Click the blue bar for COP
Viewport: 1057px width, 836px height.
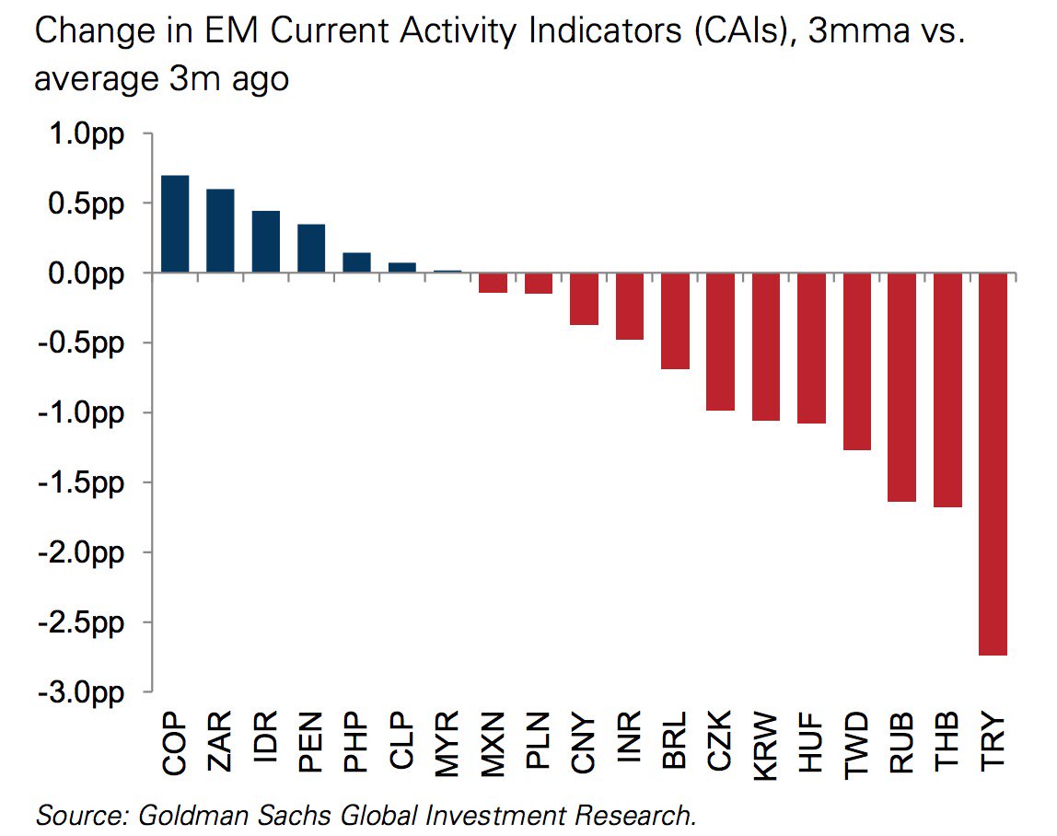175,225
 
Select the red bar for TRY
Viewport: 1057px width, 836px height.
993,464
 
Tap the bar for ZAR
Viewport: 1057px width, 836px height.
220,231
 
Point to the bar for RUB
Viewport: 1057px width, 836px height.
902,388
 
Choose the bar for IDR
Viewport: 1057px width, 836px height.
265,242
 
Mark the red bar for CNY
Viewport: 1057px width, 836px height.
584,299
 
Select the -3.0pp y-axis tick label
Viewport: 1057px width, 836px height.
79,692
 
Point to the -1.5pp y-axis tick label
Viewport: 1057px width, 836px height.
79,483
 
